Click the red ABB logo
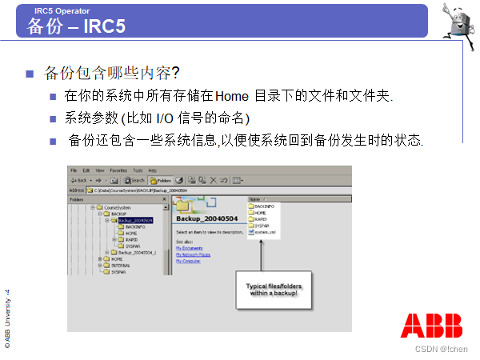(431, 325)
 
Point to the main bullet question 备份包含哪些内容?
(111, 74)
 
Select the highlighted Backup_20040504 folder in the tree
(134, 220)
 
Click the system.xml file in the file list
(266, 232)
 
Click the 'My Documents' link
(190, 248)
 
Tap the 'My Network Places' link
(193, 254)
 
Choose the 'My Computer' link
(188, 261)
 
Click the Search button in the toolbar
(133, 181)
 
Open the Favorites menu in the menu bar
(118, 170)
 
